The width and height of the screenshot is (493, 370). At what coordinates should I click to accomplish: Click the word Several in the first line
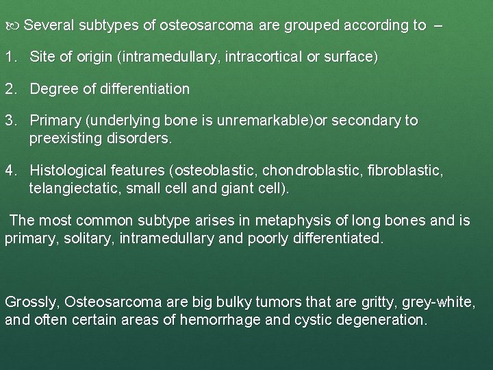(52, 25)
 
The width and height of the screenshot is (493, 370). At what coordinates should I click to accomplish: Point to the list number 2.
(10, 89)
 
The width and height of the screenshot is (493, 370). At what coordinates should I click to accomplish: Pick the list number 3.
(10, 121)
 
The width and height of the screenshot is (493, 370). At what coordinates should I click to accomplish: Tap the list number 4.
(10, 169)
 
